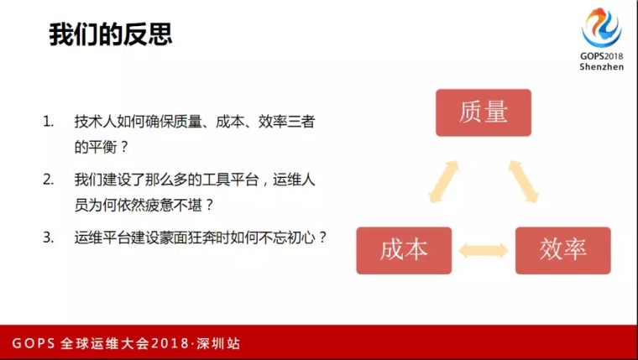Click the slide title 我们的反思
(111, 34)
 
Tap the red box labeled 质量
(484, 112)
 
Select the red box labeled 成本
(404, 251)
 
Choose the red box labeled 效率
(562, 251)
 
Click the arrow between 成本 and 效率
(484, 251)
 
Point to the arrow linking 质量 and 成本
(444, 181)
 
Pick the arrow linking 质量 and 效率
(523, 181)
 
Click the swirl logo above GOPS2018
(601, 28)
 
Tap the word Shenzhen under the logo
(601, 66)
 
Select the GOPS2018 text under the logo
(601, 56)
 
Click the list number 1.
(48, 122)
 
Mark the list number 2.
(48, 180)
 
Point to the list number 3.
(48, 237)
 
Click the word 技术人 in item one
(95, 122)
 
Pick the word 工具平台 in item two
(230, 180)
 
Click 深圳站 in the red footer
(218, 343)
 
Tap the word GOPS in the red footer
(34, 343)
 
